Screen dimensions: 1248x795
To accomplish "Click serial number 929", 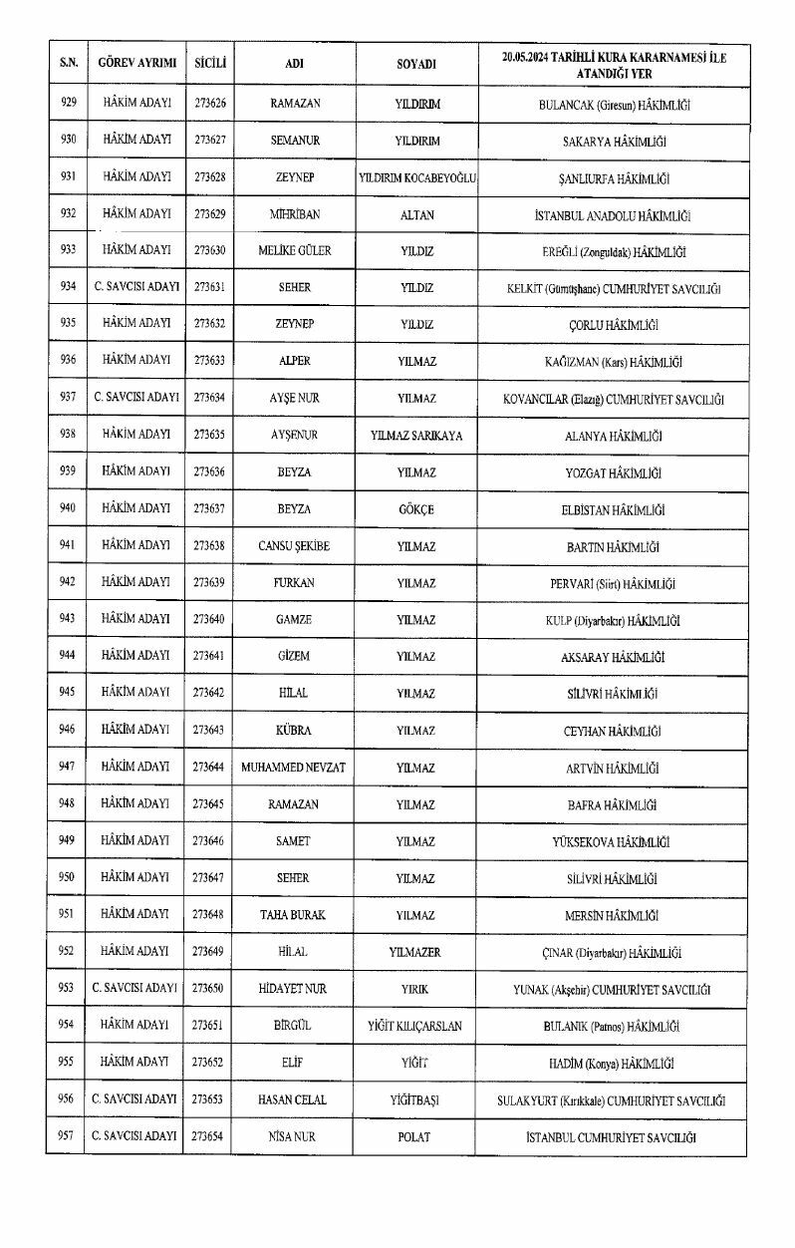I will pyautogui.click(x=68, y=103).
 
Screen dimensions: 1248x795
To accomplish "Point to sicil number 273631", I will pyautogui.click(x=209, y=287).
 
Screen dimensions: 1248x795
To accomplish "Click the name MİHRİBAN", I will pyautogui.click(x=294, y=214).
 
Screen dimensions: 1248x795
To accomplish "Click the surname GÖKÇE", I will pyautogui.click(x=415, y=509).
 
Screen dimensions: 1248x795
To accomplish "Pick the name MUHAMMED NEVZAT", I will pyautogui.click(x=294, y=768).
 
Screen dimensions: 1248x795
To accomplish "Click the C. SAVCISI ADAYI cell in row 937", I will pyautogui.click(x=136, y=398).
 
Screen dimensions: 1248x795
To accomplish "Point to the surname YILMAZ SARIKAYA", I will pyautogui.click(x=415, y=436).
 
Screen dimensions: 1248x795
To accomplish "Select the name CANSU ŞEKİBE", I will pyautogui.click(x=294, y=546).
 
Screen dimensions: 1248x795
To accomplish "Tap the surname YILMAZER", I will pyautogui.click(x=415, y=952).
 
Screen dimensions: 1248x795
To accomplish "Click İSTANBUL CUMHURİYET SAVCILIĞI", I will pyautogui.click(x=611, y=1137).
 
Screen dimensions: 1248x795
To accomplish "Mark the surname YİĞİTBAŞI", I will pyautogui.click(x=415, y=1100).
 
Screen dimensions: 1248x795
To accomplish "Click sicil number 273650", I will pyautogui.click(x=209, y=989).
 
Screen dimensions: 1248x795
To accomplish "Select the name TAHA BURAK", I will pyautogui.click(x=294, y=915).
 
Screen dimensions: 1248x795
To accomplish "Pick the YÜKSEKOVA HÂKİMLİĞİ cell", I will pyautogui.click(x=611, y=841).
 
